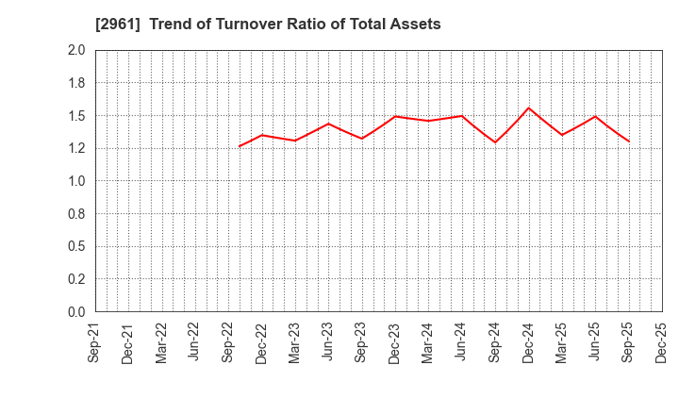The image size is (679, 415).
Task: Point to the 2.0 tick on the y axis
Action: tap(76, 51)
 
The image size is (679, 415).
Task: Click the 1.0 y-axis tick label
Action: tap(76, 181)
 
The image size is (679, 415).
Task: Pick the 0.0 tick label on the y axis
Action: tap(76, 312)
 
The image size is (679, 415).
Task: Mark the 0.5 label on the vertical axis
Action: tap(76, 247)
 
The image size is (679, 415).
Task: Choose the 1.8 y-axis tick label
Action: tap(76, 83)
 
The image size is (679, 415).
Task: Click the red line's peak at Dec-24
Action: tap(529, 108)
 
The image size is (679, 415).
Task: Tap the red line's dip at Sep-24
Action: tap(495, 142)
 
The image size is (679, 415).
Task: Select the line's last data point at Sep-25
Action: tap(629, 141)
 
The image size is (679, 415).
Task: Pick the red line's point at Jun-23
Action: tap(328, 124)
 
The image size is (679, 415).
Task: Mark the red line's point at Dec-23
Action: tap(395, 116)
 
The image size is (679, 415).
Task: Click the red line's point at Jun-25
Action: tap(595, 116)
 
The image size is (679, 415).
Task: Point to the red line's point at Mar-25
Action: tap(562, 135)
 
